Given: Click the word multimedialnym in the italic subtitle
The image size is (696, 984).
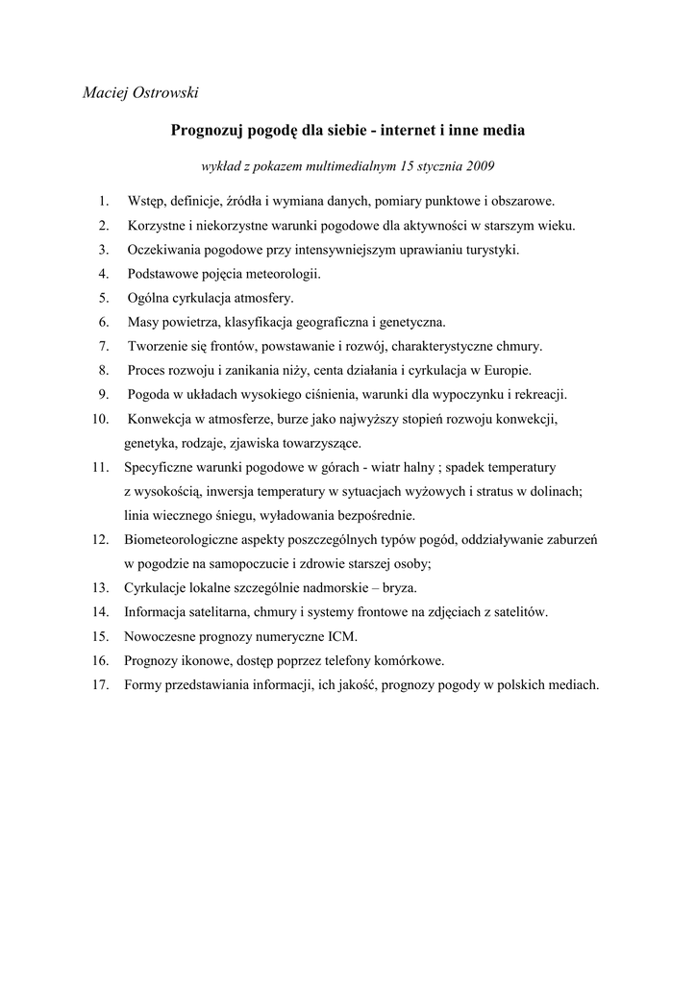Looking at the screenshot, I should [338, 166].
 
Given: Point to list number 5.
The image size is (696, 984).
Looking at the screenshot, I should [104, 298].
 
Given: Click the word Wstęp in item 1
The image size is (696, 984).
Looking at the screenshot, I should [145, 202].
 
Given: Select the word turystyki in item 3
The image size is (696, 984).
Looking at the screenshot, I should [490, 250].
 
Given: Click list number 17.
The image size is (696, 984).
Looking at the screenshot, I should [100, 685].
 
